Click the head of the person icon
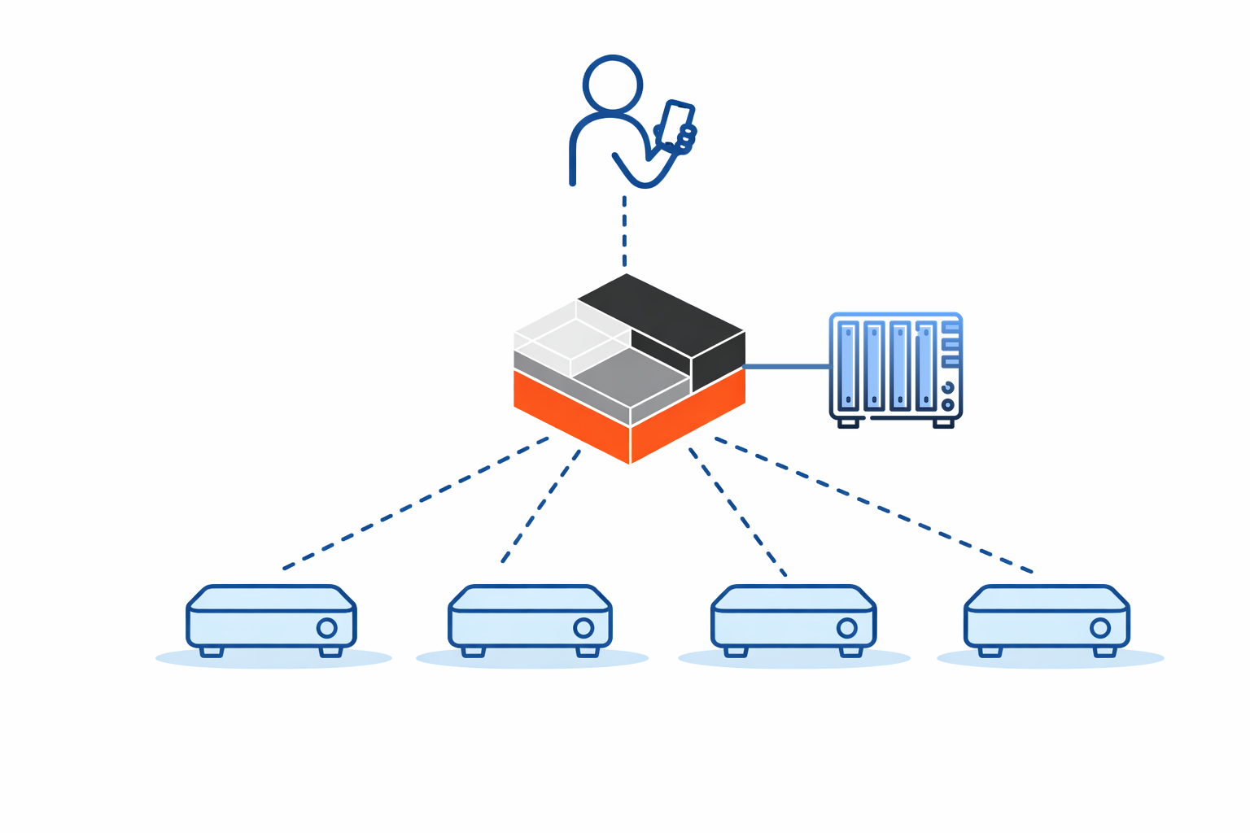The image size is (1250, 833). coord(613,84)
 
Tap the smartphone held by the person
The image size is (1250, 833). coord(675,124)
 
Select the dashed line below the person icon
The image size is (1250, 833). coord(624,231)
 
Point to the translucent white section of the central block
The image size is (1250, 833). coord(562,334)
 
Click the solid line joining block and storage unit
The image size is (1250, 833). coord(786,367)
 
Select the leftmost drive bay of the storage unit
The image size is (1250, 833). coord(848,365)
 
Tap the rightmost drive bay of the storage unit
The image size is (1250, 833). coord(925,365)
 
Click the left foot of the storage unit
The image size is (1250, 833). coord(848,423)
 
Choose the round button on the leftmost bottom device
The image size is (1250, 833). coord(326,628)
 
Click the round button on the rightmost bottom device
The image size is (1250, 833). coord(1100,628)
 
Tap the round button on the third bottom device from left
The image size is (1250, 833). coord(847,628)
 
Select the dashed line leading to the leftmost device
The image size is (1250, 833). coord(415,503)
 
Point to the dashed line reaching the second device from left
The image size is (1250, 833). coord(541,505)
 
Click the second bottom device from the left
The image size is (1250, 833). coord(530,618)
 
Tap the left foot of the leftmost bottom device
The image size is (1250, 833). coord(212,651)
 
